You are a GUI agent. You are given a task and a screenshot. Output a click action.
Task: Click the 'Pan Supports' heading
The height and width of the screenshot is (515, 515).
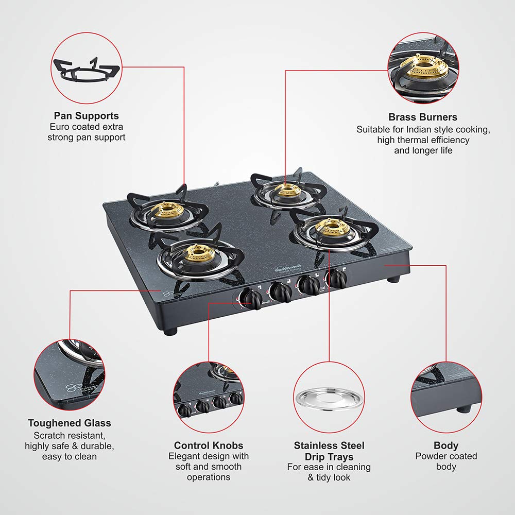[x=86, y=116]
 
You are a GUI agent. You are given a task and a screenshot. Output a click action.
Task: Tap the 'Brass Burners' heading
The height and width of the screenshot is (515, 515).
[x=423, y=117]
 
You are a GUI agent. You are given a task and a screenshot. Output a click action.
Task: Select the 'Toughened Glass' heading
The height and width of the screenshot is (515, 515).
[x=70, y=423]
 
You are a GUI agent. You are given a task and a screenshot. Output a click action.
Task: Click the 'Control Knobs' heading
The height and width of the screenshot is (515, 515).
[x=208, y=445]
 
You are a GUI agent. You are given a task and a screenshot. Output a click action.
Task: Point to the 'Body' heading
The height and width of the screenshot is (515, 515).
[x=446, y=445]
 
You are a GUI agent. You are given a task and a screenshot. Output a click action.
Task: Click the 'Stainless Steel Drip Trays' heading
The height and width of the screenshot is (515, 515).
[x=329, y=451]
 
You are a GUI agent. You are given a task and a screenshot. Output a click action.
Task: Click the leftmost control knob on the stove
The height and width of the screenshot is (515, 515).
[x=251, y=298]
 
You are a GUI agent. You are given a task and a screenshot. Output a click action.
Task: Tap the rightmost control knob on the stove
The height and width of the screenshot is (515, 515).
[x=337, y=279]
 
